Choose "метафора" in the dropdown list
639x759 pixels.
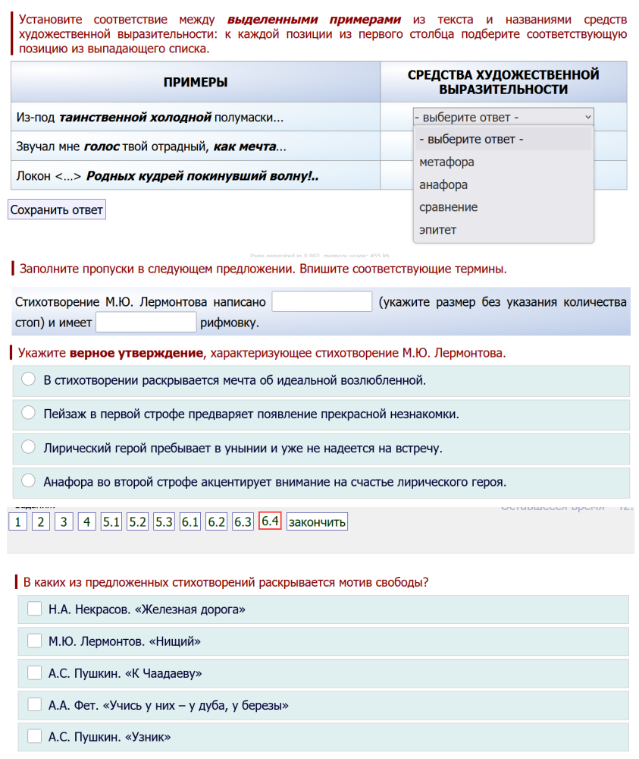[x=446, y=162]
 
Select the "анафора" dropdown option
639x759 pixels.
[x=443, y=184]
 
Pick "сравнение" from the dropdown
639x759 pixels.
[x=448, y=207]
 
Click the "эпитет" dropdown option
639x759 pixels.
[x=438, y=230]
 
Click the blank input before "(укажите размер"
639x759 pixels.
[x=321, y=301]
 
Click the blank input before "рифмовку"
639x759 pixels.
[x=146, y=323]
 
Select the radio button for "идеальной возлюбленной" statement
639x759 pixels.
[x=28, y=379]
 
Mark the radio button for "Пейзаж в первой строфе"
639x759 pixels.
[x=28, y=413]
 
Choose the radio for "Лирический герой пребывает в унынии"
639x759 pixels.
[x=28, y=447]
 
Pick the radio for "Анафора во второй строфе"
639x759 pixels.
[x=28, y=480]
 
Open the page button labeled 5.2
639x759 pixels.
[x=137, y=521]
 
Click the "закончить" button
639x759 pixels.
[x=317, y=521]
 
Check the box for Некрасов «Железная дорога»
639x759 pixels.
[x=34, y=609]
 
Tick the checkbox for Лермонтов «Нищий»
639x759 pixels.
[x=34, y=641]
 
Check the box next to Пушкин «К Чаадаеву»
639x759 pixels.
[x=34, y=672]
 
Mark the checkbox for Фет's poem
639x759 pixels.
[x=34, y=704]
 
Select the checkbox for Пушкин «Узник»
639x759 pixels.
[x=34, y=736]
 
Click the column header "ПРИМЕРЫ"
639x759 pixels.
[x=196, y=82]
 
